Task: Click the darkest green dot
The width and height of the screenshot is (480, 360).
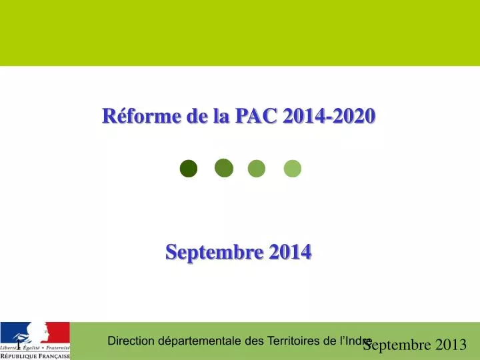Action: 189,169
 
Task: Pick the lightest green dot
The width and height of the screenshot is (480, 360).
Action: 293,169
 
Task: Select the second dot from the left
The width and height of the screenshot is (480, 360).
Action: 224,169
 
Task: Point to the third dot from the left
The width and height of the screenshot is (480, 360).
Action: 257,169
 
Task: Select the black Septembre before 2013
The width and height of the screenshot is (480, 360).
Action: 397,345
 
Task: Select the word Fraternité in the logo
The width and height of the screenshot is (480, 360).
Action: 57,348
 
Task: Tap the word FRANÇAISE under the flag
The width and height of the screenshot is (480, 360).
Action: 55,356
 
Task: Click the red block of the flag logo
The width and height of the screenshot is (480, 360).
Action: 59,332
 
